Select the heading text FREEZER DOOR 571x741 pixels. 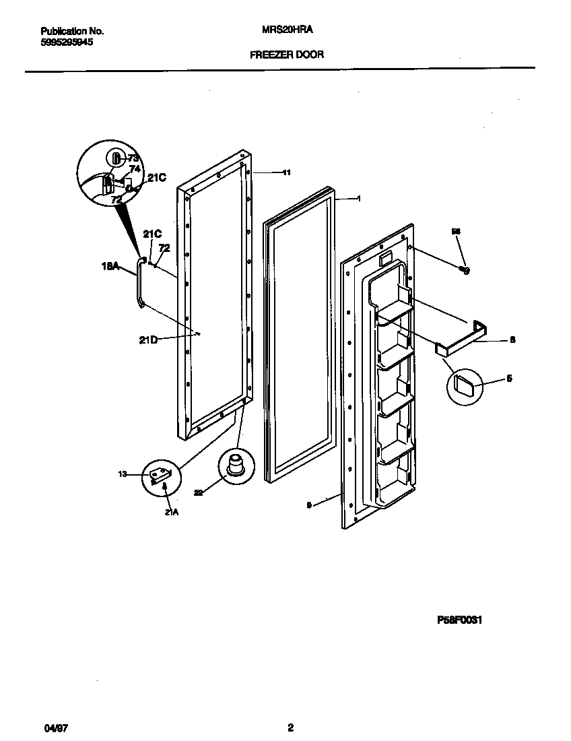point(287,55)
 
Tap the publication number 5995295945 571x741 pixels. point(67,42)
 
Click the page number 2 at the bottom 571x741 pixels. point(290,727)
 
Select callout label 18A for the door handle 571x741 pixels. point(110,267)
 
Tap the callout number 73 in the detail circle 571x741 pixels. point(133,158)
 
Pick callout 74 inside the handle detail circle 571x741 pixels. point(135,169)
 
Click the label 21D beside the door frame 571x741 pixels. point(148,340)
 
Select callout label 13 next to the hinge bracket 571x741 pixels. point(122,475)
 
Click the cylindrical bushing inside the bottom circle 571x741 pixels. point(236,465)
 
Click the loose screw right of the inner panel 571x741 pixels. point(463,270)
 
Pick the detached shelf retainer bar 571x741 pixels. point(465,336)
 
